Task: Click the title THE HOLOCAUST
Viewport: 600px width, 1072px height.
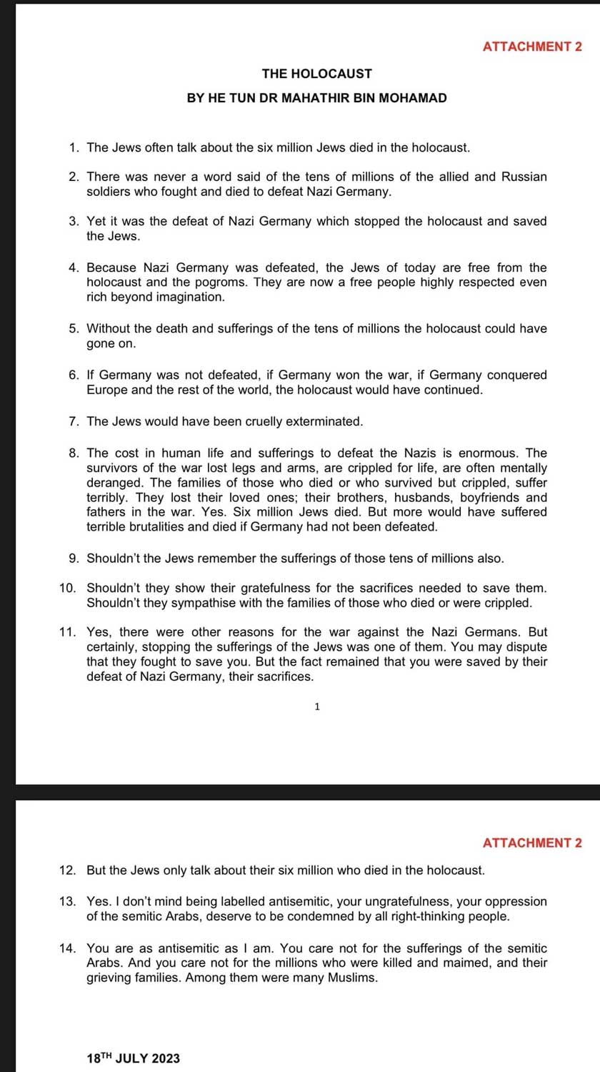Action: click(316, 74)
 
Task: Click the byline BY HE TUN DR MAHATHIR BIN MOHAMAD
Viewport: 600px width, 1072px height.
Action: click(316, 98)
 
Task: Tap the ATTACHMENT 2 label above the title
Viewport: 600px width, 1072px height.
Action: click(532, 47)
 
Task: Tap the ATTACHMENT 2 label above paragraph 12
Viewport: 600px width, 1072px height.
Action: click(532, 843)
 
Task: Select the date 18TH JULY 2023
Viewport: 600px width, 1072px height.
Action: click(133, 1058)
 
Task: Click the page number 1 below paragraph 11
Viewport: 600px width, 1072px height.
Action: click(317, 707)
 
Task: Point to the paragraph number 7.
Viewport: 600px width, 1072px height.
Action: click(74, 422)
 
